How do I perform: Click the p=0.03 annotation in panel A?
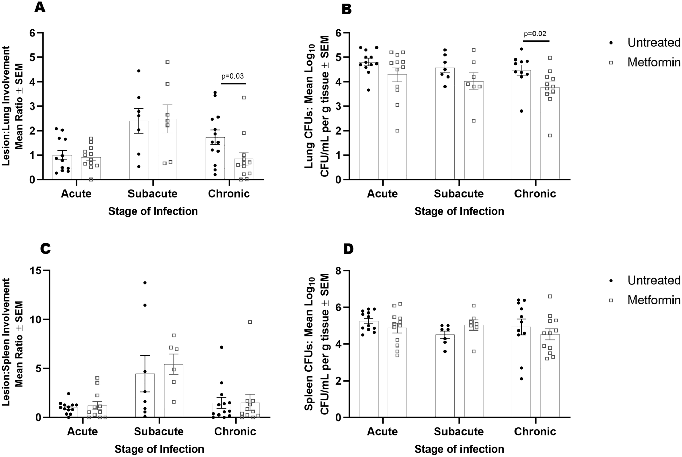232,76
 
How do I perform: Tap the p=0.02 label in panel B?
535,34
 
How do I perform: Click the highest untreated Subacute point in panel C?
145,283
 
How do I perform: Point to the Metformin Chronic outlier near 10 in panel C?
250,322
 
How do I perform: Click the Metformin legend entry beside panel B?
653,62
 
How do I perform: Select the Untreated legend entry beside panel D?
653,280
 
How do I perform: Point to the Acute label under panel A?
76,194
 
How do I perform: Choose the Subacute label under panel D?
459,431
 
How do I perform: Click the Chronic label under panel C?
235,431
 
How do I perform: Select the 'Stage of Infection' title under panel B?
459,211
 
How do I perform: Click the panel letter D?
349,249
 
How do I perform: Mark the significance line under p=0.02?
536,41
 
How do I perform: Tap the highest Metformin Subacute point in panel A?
168,62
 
